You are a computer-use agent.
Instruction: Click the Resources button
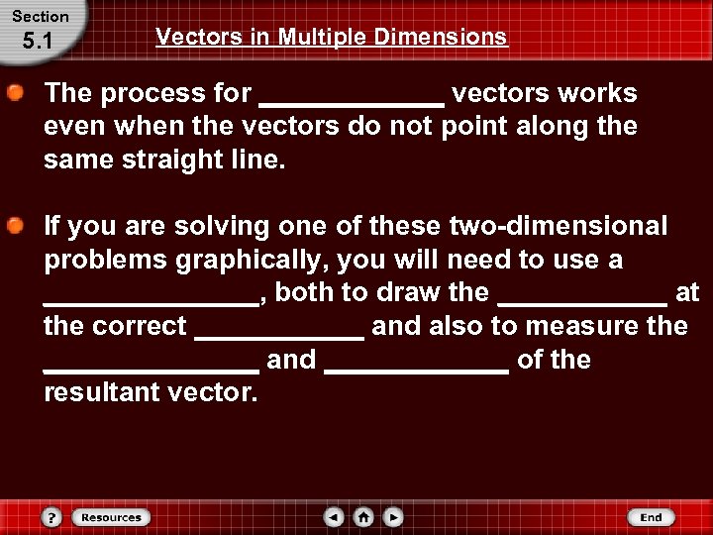coord(111,517)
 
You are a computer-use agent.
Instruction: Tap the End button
coord(650,517)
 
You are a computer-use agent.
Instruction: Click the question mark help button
coord(52,517)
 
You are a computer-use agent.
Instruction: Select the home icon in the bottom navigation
coord(363,517)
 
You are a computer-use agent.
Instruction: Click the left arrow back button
coord(335,517)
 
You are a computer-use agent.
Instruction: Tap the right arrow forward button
coord(393,517)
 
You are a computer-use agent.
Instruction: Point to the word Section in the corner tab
coord(40,16)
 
